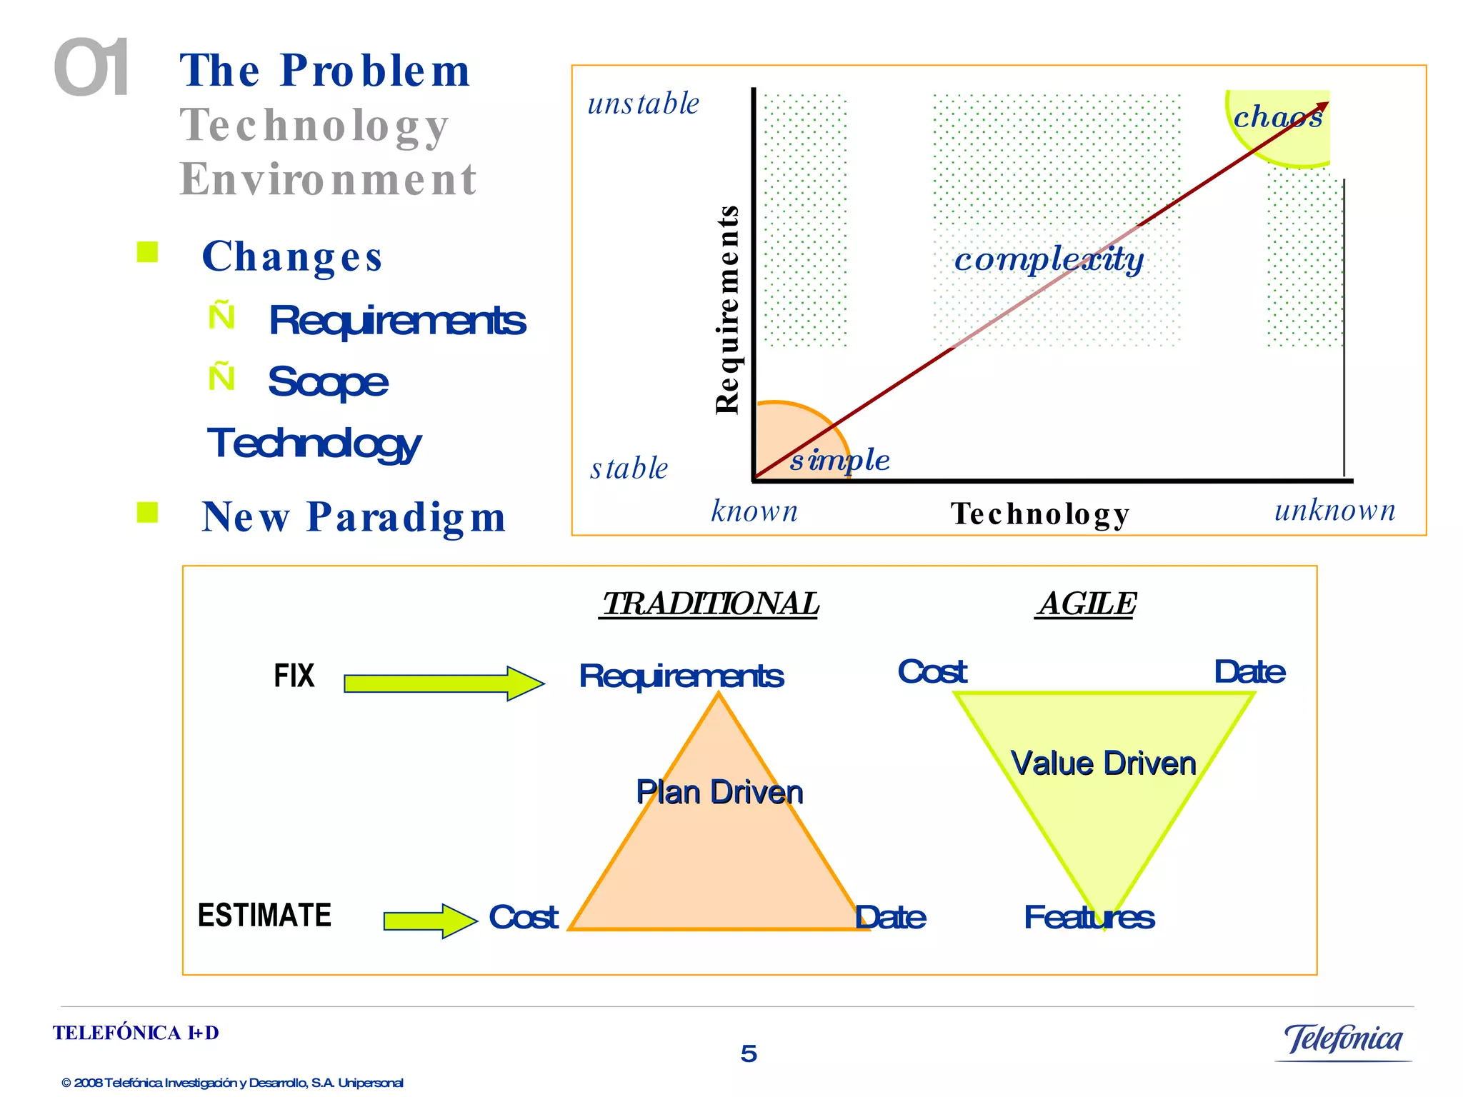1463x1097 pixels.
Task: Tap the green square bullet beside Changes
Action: [x=147, y=252]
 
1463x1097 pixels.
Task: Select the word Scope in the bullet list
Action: [x=328, y=382]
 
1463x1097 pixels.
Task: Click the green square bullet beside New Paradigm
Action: [x=147, y=512]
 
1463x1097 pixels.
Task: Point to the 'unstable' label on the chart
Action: [x=643, y=104]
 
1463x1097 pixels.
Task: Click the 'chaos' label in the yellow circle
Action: [x=1278, y=116]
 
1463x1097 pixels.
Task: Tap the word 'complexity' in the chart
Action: [x=1048, y=259]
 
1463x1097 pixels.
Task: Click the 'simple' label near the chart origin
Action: [x=839, y=460]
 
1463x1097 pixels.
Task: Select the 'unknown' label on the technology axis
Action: [x=1334, y=511]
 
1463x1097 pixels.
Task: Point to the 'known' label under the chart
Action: [x=754, y=511]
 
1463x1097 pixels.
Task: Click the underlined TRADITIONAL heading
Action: [x=709, y=604]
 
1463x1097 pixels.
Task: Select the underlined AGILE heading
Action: [x=1086, y=604]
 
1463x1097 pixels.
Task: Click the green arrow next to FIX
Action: [x=443, y=683]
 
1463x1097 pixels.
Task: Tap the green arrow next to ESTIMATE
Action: [x=429, y=921]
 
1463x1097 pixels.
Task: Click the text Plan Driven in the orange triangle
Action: [x=719, y=792]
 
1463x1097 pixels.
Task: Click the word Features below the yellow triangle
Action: [x=1088, y=917]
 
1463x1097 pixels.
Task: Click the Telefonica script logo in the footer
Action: [x=1343, y=1040]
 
